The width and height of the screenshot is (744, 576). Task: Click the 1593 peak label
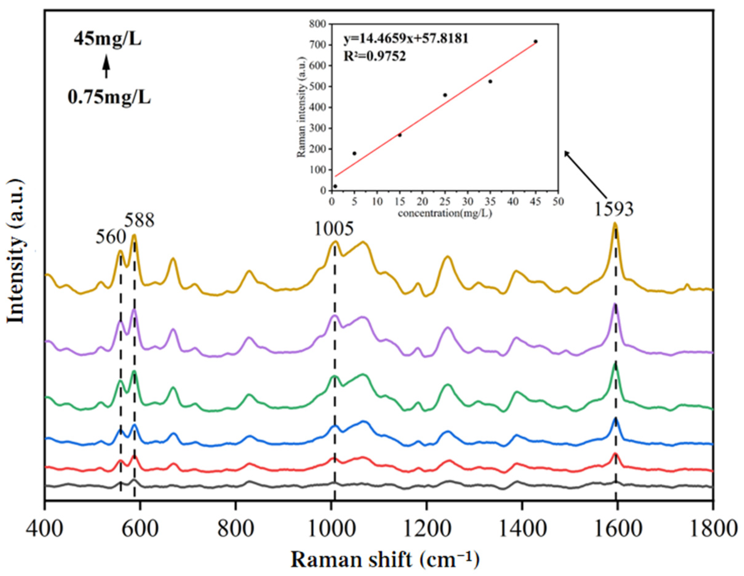(614, 210)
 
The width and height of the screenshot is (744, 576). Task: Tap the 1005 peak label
(334, 230)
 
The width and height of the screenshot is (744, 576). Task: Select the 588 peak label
(139, 221)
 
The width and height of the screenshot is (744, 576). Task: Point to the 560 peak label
(110, 237)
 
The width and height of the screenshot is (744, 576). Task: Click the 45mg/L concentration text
(107, 40)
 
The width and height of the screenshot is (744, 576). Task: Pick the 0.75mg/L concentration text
(109, 98)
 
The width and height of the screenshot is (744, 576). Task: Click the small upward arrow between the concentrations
(107, 68)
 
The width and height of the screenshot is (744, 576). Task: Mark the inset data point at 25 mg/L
(445, 95)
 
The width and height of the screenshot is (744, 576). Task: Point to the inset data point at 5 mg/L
(354, 153)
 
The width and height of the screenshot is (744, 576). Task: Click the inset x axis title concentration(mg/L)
(445, 214)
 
